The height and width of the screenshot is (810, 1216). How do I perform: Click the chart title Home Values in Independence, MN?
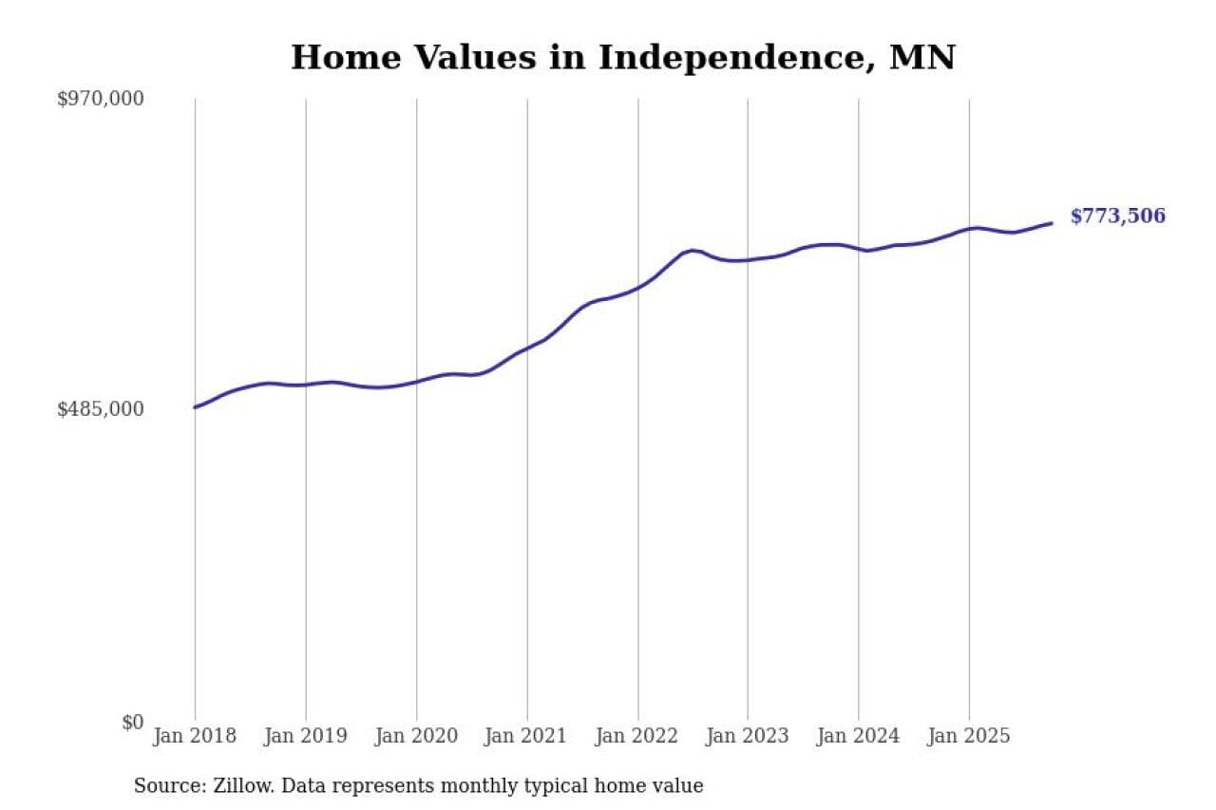tap(622, 58)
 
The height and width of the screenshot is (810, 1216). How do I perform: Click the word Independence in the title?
tap(736, 58)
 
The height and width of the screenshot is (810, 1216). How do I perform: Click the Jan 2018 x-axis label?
tap(195, 736)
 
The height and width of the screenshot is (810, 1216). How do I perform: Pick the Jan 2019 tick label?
tap(306, 736)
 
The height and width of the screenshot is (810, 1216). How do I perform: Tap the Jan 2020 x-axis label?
tap(416, 736)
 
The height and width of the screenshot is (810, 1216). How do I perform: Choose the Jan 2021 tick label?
tap(527, 736)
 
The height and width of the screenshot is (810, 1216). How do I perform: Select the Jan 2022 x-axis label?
tap(637, 736)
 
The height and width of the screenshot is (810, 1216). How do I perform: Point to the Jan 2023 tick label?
tap(748, 736)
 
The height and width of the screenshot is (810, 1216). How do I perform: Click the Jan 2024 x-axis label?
tap(859, 736)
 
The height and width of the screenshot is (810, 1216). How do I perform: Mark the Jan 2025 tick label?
tap(969, 736)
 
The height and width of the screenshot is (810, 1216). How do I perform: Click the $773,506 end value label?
tap(1117, 217)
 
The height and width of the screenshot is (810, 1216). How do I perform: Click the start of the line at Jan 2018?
tap(196, 407)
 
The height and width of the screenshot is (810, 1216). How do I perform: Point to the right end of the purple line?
tap(1052, 223)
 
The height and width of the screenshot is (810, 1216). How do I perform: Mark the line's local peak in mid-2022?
tap(693, 250)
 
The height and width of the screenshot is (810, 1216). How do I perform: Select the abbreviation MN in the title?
tap(921, 58)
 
